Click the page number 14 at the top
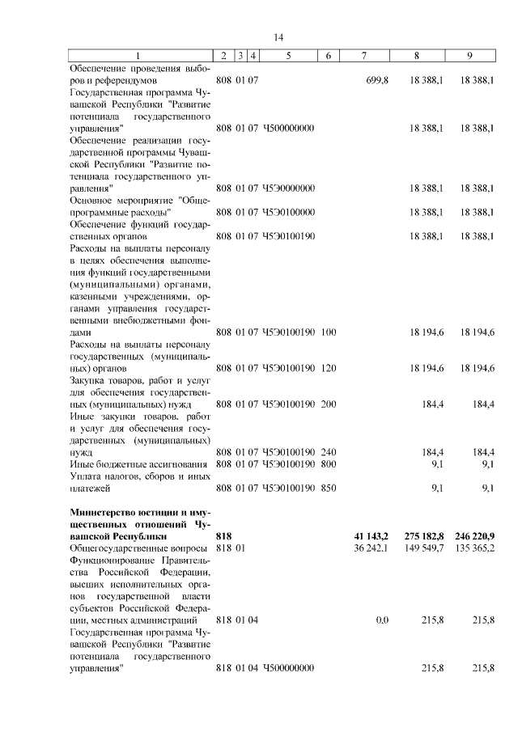[x=278, y=37]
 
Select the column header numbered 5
[x=288, y=55]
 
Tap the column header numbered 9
[x=469, y=55]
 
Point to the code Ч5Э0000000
[x=288, y=188]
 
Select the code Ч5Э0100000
[x=288, y=212]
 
